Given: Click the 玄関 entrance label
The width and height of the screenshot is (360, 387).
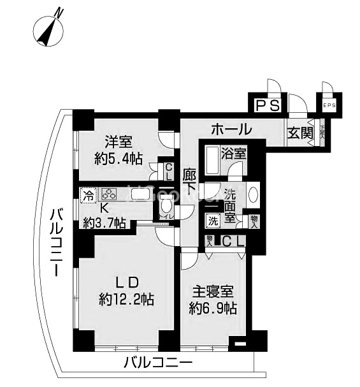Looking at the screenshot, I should [x=299, y=133].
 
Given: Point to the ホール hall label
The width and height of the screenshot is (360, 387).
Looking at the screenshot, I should [x=230, y=129].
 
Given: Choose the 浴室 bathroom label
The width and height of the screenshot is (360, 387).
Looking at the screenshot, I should [x=233, y=154].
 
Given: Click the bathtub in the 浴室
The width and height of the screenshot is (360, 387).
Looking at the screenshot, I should [x=212, y=162].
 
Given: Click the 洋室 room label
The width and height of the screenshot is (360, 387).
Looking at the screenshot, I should [x=119, y=142].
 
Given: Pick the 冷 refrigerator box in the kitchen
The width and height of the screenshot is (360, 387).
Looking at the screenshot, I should [x=89, y=194].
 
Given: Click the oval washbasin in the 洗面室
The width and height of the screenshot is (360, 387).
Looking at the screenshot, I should [x=252, y=194].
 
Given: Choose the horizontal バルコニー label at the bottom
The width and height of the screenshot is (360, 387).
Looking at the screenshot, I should [x=157, y=363].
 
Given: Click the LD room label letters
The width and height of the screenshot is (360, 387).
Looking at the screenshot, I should [x=126, y=281].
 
